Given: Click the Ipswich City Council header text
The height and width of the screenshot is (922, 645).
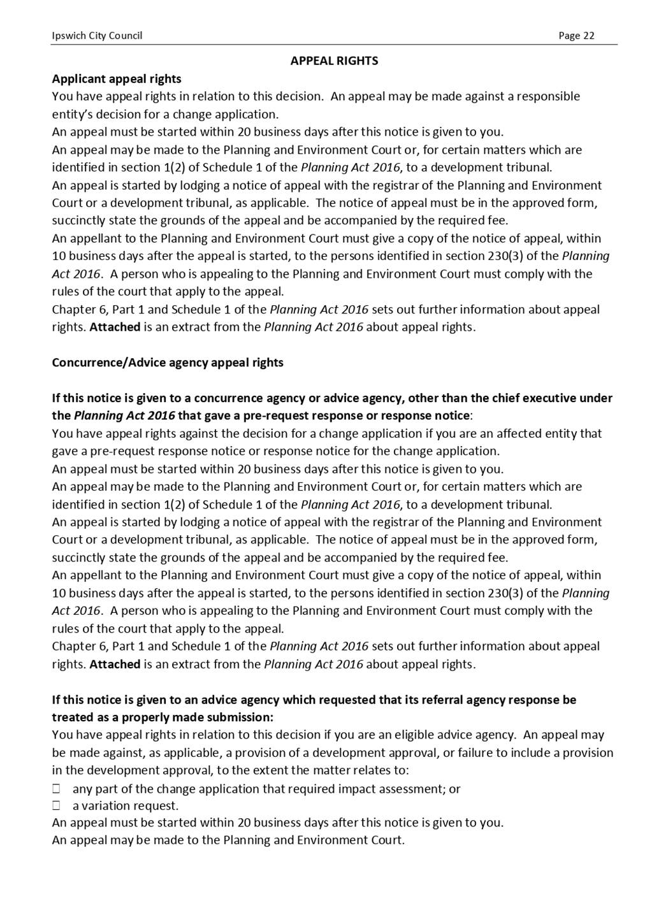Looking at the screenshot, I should click(x=97, y=36).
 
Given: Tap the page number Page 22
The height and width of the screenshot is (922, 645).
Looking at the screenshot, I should click(x=576, y=36).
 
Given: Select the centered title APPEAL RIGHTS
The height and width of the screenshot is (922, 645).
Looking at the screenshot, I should click(x=334, y=61).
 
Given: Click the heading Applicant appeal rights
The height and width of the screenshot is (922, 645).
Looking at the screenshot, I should click(x=117, y=79).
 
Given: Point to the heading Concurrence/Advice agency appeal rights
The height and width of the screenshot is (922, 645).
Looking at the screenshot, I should click(x=168, y=363).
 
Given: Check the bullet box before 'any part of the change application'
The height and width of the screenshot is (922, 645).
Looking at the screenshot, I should click(x=56, y=789).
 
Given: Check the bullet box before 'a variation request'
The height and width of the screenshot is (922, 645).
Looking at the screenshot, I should click(x=56, y=806).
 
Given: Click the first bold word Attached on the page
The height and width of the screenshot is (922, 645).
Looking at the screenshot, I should click(x=115, y=328).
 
